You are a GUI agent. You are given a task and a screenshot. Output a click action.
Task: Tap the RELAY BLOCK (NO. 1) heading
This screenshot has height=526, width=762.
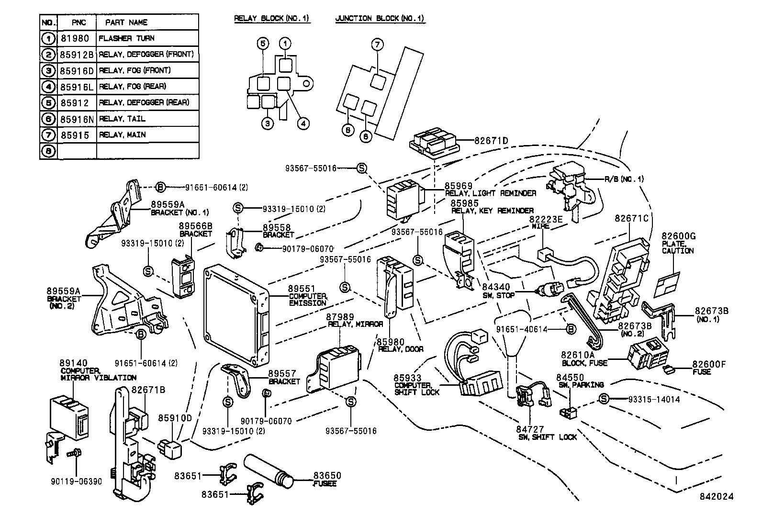271,19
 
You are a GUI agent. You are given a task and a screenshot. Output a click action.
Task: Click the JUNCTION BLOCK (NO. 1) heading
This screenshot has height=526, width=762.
380,19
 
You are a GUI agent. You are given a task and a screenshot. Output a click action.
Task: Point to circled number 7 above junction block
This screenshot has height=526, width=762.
377,45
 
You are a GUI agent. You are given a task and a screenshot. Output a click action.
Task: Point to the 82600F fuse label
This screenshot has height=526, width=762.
709,364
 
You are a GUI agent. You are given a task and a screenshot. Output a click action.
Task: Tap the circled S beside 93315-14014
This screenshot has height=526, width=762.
604,399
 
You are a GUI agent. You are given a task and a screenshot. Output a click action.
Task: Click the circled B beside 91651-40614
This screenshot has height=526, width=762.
570,329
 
